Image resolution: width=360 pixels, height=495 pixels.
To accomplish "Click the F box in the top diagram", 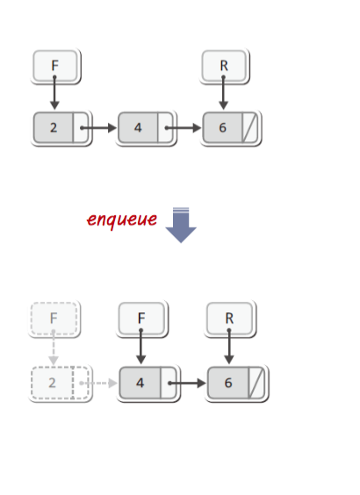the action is pos(55,66).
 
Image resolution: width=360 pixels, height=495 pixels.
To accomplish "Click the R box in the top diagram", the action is pos(224,66).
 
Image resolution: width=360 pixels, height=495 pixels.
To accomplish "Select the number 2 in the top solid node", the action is pos(54,127).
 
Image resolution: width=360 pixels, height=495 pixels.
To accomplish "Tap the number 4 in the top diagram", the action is pos(138,127).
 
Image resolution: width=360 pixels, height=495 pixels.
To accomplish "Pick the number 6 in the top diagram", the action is pos(223,127).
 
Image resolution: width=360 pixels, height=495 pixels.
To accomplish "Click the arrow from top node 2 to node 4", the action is pos(98,128).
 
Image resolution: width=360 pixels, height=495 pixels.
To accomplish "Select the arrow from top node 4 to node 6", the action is pos(184,128).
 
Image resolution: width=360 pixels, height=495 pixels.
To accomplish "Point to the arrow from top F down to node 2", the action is pos(54,92).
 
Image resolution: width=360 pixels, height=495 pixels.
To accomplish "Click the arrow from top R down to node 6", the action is pos(224,92).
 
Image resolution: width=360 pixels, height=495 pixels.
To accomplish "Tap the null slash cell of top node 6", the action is pos(249,127).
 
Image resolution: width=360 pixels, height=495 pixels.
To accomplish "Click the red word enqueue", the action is pos(122,219).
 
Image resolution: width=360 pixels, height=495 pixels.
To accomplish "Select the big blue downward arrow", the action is pos(181,225).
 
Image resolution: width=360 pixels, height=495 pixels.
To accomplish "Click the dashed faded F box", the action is pos(54,319).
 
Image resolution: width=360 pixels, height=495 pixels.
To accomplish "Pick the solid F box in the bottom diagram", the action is pos(141,319).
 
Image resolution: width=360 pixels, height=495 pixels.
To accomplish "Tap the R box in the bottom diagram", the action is pos(229,319).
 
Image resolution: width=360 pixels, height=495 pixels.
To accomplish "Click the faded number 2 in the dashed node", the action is pos(52,383).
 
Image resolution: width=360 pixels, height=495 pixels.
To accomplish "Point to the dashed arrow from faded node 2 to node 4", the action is pos(98,383).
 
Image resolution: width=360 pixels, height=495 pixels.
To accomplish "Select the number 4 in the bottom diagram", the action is pos(140,383).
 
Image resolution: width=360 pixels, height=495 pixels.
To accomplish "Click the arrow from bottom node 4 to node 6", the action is pos(188,383).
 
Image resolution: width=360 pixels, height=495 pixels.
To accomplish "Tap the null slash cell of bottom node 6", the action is pos(256,383).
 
